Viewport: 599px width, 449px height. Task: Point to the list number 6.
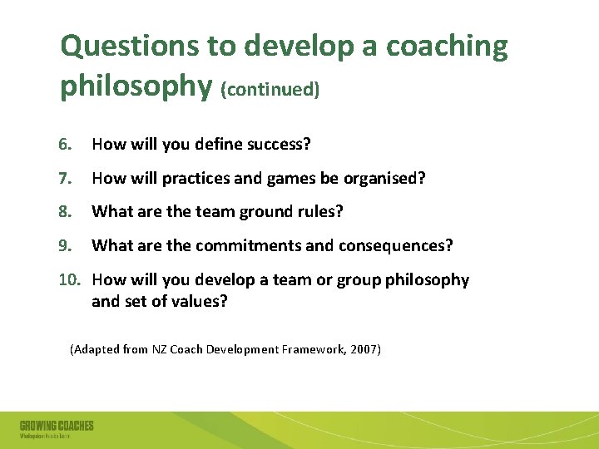[66, 145]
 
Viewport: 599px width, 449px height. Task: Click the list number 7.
[66, 178]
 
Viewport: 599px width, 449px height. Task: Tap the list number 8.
[66, 212]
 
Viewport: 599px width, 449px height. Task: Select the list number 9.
[66, 246]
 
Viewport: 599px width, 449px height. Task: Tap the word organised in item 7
[386, 178]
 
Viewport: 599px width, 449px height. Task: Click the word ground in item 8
[266, 212]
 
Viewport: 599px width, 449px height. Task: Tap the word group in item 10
[358, 280]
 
